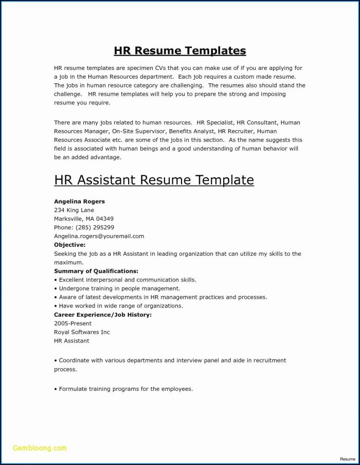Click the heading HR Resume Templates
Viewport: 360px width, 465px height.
(179, 50)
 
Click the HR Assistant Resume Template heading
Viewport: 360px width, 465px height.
(154, 180)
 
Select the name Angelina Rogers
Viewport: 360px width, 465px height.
(79, 202)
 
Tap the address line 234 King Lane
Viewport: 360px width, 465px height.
(74, 210)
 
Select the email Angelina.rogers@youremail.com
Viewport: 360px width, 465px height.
(99, 236)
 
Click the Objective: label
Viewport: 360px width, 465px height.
(69, 245)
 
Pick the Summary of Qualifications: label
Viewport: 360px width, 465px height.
(96, 271)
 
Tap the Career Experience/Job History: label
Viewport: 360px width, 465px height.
(103, 314)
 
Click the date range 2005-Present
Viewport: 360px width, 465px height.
(73, 323)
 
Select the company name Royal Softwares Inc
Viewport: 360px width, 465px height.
(82, 332)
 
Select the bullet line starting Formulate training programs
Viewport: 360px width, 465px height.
(123, 389)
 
